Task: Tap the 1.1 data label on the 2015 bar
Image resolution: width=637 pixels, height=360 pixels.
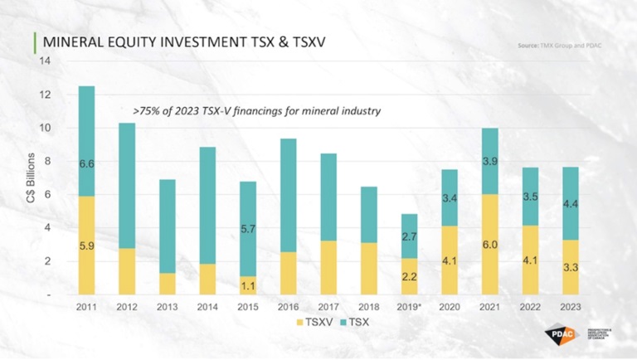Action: tap(248, 286)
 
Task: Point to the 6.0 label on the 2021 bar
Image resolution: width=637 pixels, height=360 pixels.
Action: tap(490, 246)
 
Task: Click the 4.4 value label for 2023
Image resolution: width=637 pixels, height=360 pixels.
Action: tap(571, 204)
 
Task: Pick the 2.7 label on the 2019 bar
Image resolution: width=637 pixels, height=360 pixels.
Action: tap(410, 237)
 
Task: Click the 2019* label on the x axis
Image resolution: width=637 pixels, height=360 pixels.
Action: tap(410, 306)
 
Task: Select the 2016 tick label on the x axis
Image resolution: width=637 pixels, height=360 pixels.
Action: tap(289, 306)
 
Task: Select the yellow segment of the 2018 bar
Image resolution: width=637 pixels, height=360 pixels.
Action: tap(369, 268)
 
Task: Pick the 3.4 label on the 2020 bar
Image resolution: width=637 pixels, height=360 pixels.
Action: tap(450, 198)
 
